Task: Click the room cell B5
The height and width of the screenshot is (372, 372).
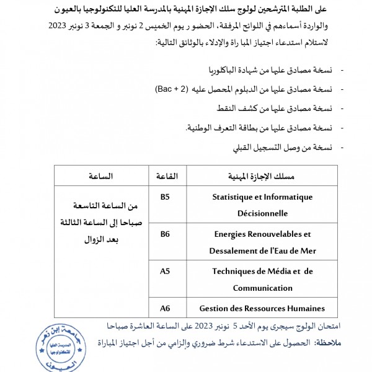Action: (x=165, y=197)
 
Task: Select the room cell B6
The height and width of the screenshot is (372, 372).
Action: (x=165, y=234)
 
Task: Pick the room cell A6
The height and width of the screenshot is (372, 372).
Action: (x=165, y=308)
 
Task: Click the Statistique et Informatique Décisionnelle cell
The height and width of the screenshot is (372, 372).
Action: (x=262, y=205)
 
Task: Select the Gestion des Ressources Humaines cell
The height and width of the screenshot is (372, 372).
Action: (x=262, y=308)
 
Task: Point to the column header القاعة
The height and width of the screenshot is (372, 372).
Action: (x=166, y=176)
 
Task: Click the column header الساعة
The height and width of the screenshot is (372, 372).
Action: (x=100, y=176)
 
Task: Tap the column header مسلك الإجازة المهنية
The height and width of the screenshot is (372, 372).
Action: (x=262, y=176)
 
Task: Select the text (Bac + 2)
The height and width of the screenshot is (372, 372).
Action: (x=172, y=89)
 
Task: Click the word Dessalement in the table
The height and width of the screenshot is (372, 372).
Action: (x=234, y=250)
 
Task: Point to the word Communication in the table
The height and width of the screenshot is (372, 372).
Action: (x=262, y=288)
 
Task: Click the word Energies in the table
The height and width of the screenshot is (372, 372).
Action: (x=231, y=234)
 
